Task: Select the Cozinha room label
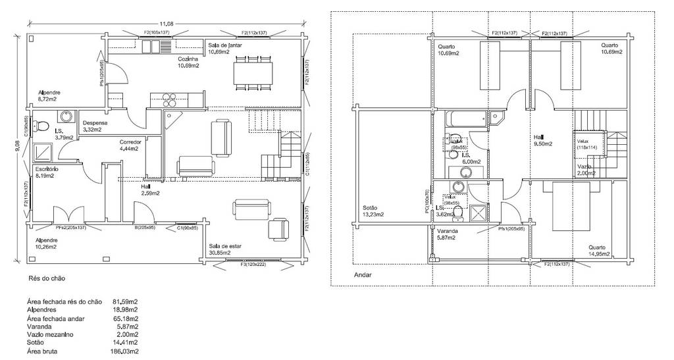click(x=188, y=59)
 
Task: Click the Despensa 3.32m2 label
click(x=96, y=126)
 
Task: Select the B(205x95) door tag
click(x=145, y=228)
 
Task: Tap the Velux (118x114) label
click(x=586, y=144)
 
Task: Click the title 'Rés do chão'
click(x=47, y=279)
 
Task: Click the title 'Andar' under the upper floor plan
click(x=363, y=276)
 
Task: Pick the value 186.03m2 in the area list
click(x=126, y=351)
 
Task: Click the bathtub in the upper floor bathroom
click(x=467, y=120)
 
